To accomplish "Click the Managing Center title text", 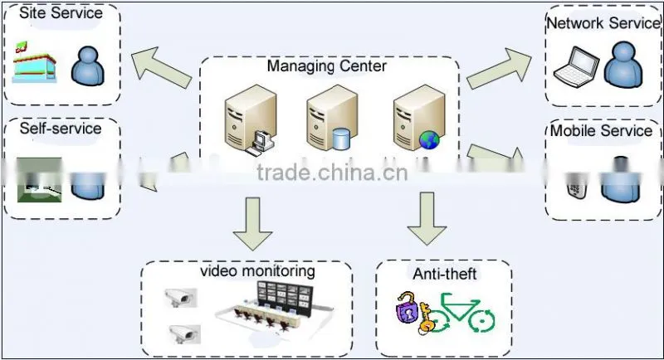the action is tap(326, 66).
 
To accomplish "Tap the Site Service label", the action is tap(61, 12).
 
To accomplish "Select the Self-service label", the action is tap(61, 129).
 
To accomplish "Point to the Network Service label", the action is tap(603, 23).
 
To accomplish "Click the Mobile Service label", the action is tap(601, 130).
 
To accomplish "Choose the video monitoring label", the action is tap(257, 270).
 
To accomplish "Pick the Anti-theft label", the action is tap(445, 274).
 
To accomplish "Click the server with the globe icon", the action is tap(418, 117).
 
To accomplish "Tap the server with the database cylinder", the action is tap(331, 117).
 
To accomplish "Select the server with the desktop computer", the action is tap(251, 119).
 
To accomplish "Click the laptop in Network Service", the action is tap(576, 66).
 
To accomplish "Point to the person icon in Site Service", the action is tap(88, 66).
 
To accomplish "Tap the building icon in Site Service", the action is tap(35, 62).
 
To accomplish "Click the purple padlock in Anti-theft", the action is tap(407, 308).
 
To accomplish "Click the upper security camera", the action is tap(180, 298).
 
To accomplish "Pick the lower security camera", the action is tap(184, 334).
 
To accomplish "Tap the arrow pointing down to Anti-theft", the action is tap(427, 219).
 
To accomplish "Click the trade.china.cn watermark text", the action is tap(332, 173).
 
